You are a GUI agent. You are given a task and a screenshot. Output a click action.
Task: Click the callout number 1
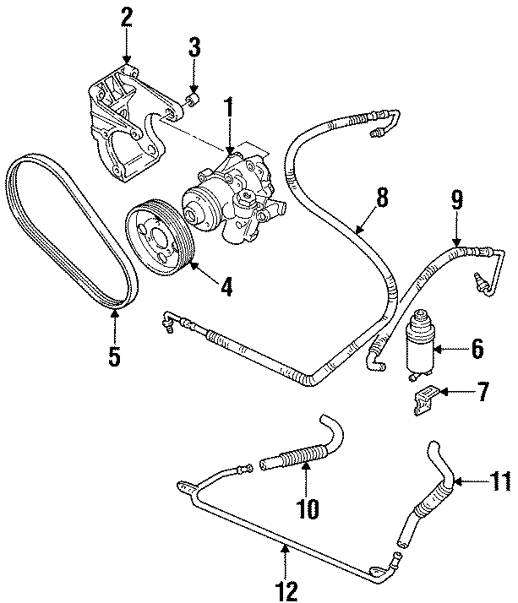coord(229,107)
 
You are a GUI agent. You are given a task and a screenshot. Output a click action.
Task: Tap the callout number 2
coord(126,17)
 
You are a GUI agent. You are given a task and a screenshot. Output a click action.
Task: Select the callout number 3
coord(194,47)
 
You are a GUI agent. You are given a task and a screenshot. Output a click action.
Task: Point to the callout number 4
coord(226,286)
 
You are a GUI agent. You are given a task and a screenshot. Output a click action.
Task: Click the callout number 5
coord(114,356)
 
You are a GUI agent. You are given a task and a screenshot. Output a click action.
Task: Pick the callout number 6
coord(477,349)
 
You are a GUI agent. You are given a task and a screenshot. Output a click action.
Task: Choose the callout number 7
coord(483,392)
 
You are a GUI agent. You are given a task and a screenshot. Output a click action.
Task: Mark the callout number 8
coord(381,198)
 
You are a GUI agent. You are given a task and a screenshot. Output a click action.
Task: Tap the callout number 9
coord(456,199)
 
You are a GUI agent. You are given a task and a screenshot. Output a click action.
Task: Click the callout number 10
coord(308,508)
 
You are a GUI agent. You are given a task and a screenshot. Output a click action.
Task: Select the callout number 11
coord(500,481)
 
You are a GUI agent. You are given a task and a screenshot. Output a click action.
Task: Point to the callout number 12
coord(286,591)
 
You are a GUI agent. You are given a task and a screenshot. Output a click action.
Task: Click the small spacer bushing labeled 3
coord(194,100)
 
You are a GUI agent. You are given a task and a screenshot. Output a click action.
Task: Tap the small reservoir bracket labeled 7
coord(424,400)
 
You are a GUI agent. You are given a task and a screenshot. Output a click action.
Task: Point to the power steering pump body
coord(235,196)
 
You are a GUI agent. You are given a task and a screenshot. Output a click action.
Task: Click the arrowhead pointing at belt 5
coord(114,315)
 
